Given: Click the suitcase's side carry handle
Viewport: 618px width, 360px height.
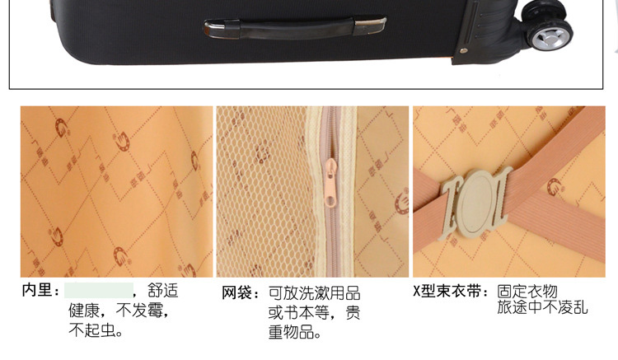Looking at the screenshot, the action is (x=295, y=28).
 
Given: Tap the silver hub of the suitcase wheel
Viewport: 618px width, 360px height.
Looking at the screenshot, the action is (x=550, y=39).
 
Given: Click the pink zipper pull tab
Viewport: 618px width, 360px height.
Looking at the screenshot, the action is (x=330, y=182).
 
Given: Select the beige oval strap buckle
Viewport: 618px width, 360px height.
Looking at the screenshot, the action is (x=477, y=202).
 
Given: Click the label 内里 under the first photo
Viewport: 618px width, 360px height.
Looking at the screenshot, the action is (x=36, y=290).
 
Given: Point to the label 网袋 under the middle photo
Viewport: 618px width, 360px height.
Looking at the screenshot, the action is (x=236, y=292).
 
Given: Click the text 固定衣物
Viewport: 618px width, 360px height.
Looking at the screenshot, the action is (x=527, y=292).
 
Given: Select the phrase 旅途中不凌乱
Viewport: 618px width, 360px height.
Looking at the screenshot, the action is (x=542, y=307).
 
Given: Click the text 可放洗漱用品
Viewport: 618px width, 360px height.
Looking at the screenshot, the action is (x=315, y=293).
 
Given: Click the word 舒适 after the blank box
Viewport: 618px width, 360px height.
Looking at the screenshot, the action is (x=163, y=291).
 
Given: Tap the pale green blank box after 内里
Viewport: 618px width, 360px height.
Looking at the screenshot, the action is (x=99, y=290).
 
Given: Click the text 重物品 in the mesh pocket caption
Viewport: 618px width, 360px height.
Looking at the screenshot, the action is (x=291, y=332).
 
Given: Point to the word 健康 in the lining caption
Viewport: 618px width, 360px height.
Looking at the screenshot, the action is (x=84, y=311).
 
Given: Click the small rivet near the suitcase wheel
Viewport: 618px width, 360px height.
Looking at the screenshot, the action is (x=463, y=50).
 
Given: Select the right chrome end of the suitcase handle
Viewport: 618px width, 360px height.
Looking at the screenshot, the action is (x=370, y=26).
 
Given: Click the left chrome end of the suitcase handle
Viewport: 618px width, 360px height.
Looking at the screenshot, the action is (x=222, y=30).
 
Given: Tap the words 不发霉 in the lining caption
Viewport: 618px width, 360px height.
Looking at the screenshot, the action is (x=138, y=311).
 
